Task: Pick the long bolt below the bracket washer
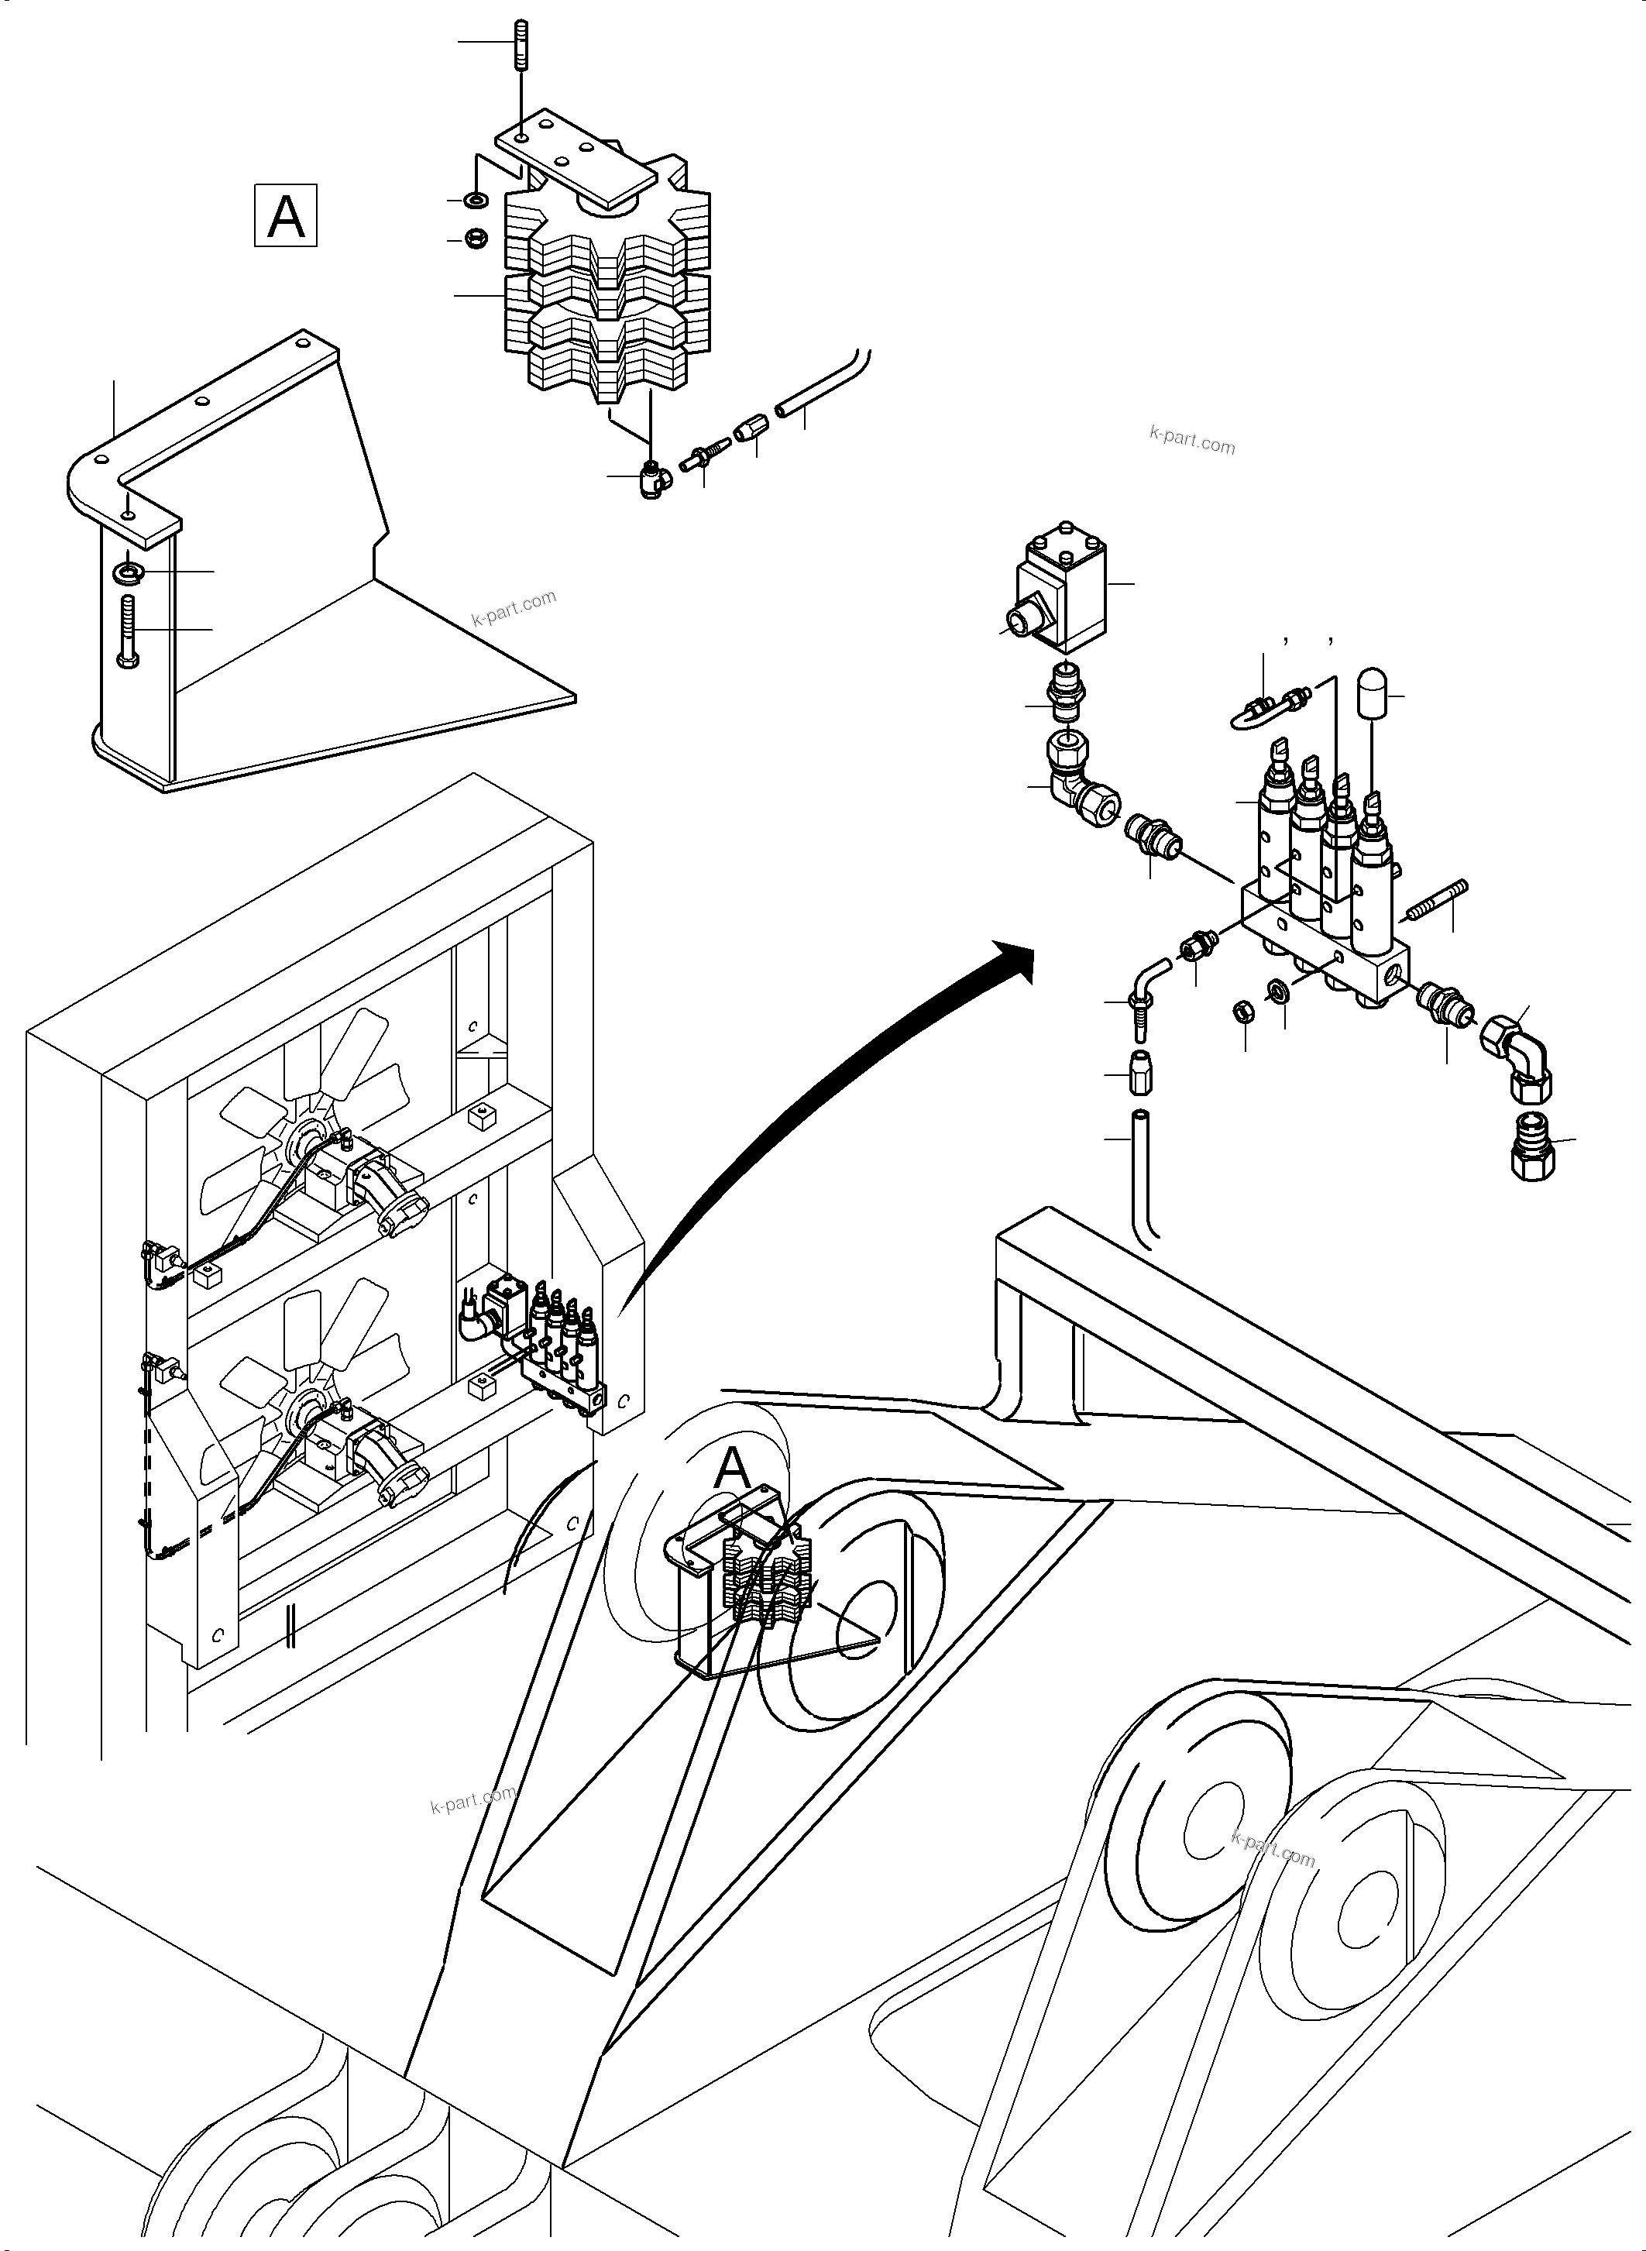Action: (x=129, y=630)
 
